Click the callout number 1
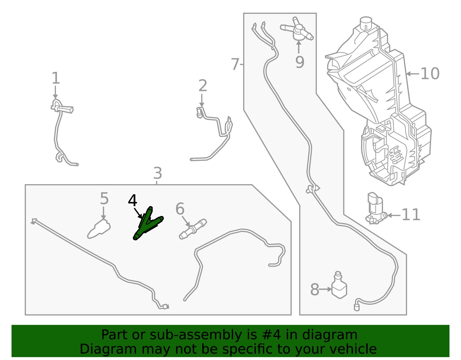[56, 78]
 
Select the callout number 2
[203, 86]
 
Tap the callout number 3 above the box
[158, 173]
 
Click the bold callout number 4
[133, 201]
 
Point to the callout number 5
[104, 199]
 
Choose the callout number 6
[180, 208]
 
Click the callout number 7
[235, 64]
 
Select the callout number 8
[315, 289]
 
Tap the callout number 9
[300, 62]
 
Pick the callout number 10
[430, 73]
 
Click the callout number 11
[411, 215]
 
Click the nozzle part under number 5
[99, 229]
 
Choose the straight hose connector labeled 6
[193, 229]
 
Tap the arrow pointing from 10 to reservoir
[413, 74]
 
